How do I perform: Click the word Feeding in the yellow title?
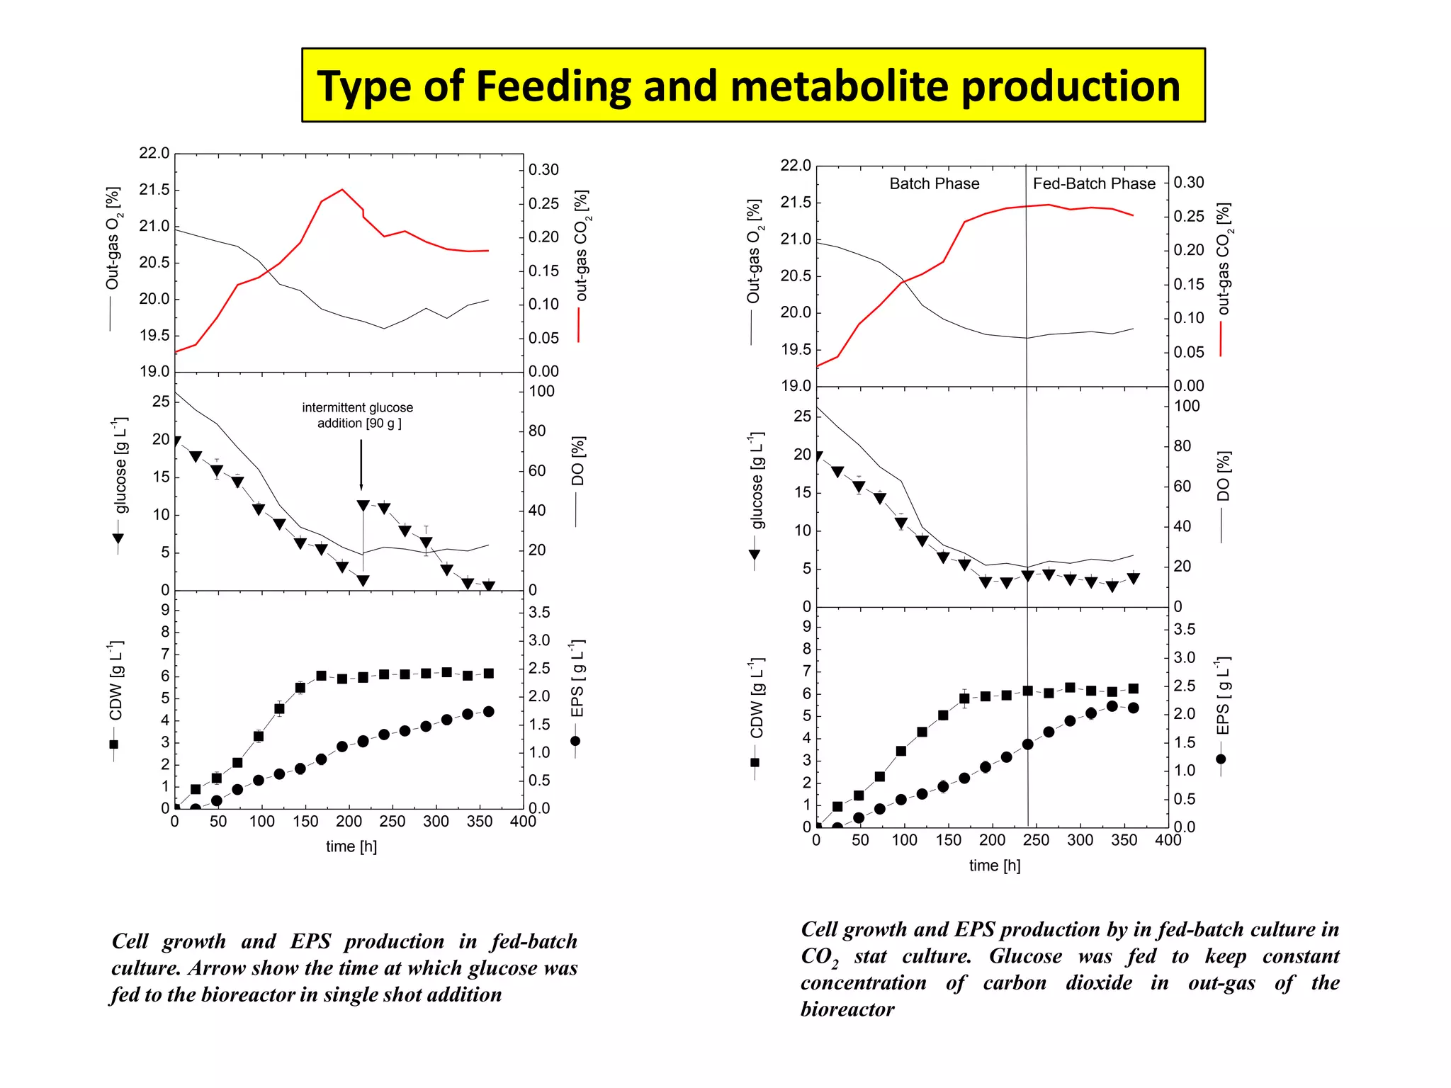point(553,86)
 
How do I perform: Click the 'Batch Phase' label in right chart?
point(934,184)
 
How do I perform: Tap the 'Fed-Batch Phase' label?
point(1093,184)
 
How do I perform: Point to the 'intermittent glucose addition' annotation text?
point(358,416)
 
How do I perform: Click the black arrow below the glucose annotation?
point(361,464)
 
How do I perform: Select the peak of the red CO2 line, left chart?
point(342,190)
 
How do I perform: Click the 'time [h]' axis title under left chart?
point(351,846)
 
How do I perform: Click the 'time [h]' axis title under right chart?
point(995,866)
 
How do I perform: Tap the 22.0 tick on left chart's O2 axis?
point(154,154)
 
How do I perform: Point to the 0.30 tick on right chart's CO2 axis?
point(1188,183)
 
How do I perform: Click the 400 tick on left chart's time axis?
point(523,822)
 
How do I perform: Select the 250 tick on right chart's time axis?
point(1036,841)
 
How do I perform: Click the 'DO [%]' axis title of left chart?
point(578,460)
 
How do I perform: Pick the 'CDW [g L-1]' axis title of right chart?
point(757,698)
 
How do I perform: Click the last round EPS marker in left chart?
point(488,712)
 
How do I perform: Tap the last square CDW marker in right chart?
point(1133,688)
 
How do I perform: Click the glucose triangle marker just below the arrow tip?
point(363,506)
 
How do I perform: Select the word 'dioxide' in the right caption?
point(1098,983)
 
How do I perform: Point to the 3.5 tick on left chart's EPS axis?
point(539,613)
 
